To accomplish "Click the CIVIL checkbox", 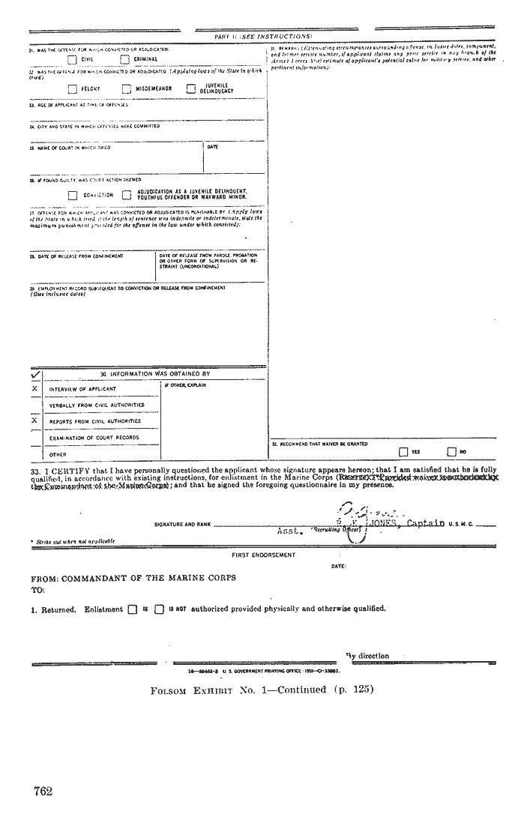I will pyautogui.click(x=72, y=59).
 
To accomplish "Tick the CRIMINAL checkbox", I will pyautogui.click(x=125, y=59).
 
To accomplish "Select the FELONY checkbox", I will pyautogui.click(x=72, y=88).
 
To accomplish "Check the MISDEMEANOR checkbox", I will pyautogui.click(x=126, y=88).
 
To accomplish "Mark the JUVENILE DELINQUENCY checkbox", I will pyautogui.click(x=190, y=88).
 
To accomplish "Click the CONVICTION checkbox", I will pyautogui.click(x=72, y=195).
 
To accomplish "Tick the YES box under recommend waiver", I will pyautogui.click(x=404, y=451).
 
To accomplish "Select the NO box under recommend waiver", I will pyautogui.click(x=451, y=451).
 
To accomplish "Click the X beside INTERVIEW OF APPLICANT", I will pyautogui.click(x=34, y=389).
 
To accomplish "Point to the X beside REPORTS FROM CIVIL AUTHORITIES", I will pyautogui.click(x=34, y=421).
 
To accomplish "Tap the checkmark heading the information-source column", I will pyautogui.click(x=35, y=373).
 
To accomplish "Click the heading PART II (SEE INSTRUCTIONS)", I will pyautogui.click(x=262, y=36).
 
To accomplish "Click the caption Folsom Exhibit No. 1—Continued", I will pyautogui.click(x=262, y=690).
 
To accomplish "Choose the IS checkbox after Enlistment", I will pyautogui.click(x=132, y=609).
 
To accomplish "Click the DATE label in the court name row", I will pyautogui.click(x=212, y=147).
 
